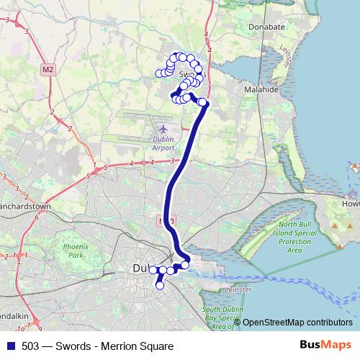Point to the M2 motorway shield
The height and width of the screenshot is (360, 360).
click(48, 69)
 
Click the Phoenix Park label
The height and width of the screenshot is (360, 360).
click(73, 251)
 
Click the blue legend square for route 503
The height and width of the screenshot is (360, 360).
click(11, 346)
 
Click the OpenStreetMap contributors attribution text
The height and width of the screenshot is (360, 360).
click(297, 323)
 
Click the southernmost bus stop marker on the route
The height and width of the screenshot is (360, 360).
click(160, 286)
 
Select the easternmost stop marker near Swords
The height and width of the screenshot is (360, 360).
click(204, 102)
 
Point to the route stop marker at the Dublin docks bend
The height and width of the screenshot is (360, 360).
click(185, 264)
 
